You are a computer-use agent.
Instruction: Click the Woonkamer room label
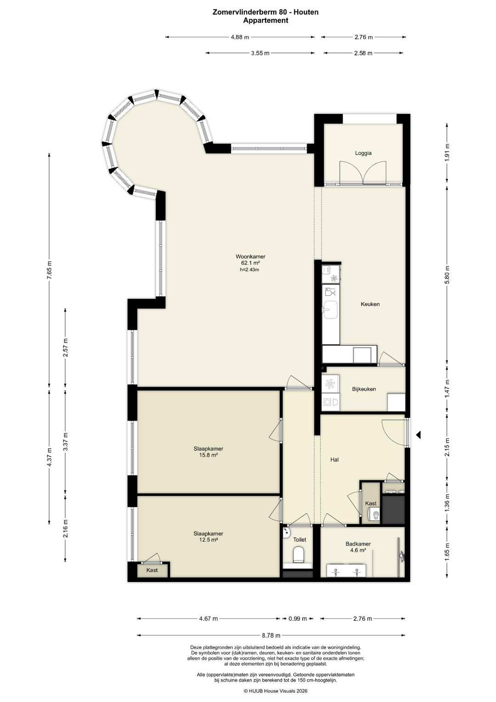tap(250, 257)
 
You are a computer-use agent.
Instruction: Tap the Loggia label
tap(363, 153)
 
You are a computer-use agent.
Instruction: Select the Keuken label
tap(370, 304)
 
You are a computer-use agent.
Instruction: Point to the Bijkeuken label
tap(364, 389)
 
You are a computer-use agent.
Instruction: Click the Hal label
tap(334, 460)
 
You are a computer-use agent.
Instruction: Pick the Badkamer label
tap(358, 544)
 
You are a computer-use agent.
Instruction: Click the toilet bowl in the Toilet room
tap(299, 554)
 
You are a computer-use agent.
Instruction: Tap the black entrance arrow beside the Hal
tap(418, 435)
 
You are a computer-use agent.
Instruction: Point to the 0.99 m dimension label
tap(298, 618)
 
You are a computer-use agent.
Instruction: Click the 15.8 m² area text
tap(208, 455)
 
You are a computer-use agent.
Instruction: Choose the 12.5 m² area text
tap(208, 540)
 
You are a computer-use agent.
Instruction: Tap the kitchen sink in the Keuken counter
tap(331, 310)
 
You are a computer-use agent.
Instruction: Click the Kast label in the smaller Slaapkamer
tap(152, 570)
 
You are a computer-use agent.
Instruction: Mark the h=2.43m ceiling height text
tap(249, 269)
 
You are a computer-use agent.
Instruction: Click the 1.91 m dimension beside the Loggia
tap(447, 153)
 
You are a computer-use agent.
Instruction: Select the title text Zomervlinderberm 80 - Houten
tap(265, 12)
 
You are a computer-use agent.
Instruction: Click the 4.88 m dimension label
tap(240, 37)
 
